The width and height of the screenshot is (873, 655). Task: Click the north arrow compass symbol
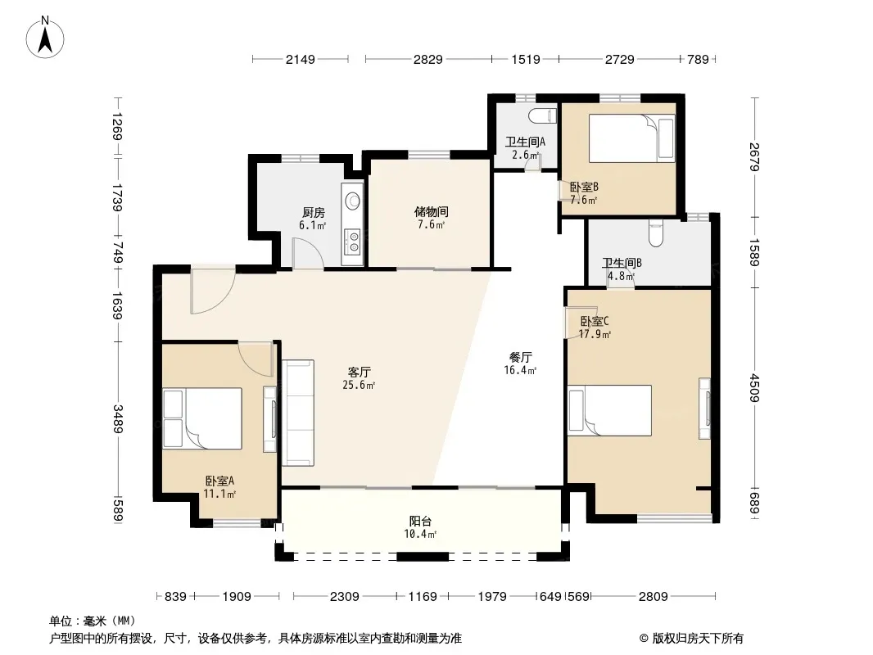pyautogui.click(x=45, y=38)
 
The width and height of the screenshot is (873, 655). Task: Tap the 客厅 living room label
pyautogui.click(x=359, y=372)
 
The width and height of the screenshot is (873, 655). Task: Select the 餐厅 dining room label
pyautogui.click(x=521, y=357)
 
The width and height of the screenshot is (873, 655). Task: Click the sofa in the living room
pyautogui.click(x=298, y=413)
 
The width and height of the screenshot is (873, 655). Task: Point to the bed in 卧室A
pyautogui.click(x=202, y=418)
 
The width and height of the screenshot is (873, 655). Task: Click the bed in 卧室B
pyautogui.click(x=632, y=138)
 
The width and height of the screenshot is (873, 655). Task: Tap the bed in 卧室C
pyautogui.click(x=609, y=410)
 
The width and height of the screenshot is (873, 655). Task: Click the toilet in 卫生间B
pyautogui.click(x=656, y=232)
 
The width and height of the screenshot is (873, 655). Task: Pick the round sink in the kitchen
pyautogui.click(x=352, y=199)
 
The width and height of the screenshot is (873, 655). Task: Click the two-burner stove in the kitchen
pyautogui.click(x=352, y=241)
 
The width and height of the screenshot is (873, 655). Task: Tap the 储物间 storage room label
pyautogui.click(x=432, y=211)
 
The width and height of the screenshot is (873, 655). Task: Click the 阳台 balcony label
pyautogui.click(x=420, y=521)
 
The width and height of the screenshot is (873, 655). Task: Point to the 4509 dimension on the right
pyautogui.click(x=754, y=387)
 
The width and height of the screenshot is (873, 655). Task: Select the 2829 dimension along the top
pyautogui.click(x=428, y=59)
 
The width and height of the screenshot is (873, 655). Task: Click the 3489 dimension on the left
pyautogui.click(x=118, y=418)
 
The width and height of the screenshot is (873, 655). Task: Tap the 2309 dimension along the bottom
pyautogui.click(x=345, y=597)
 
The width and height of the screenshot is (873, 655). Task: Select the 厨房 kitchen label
pyautogui.click(x=314, y=212)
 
